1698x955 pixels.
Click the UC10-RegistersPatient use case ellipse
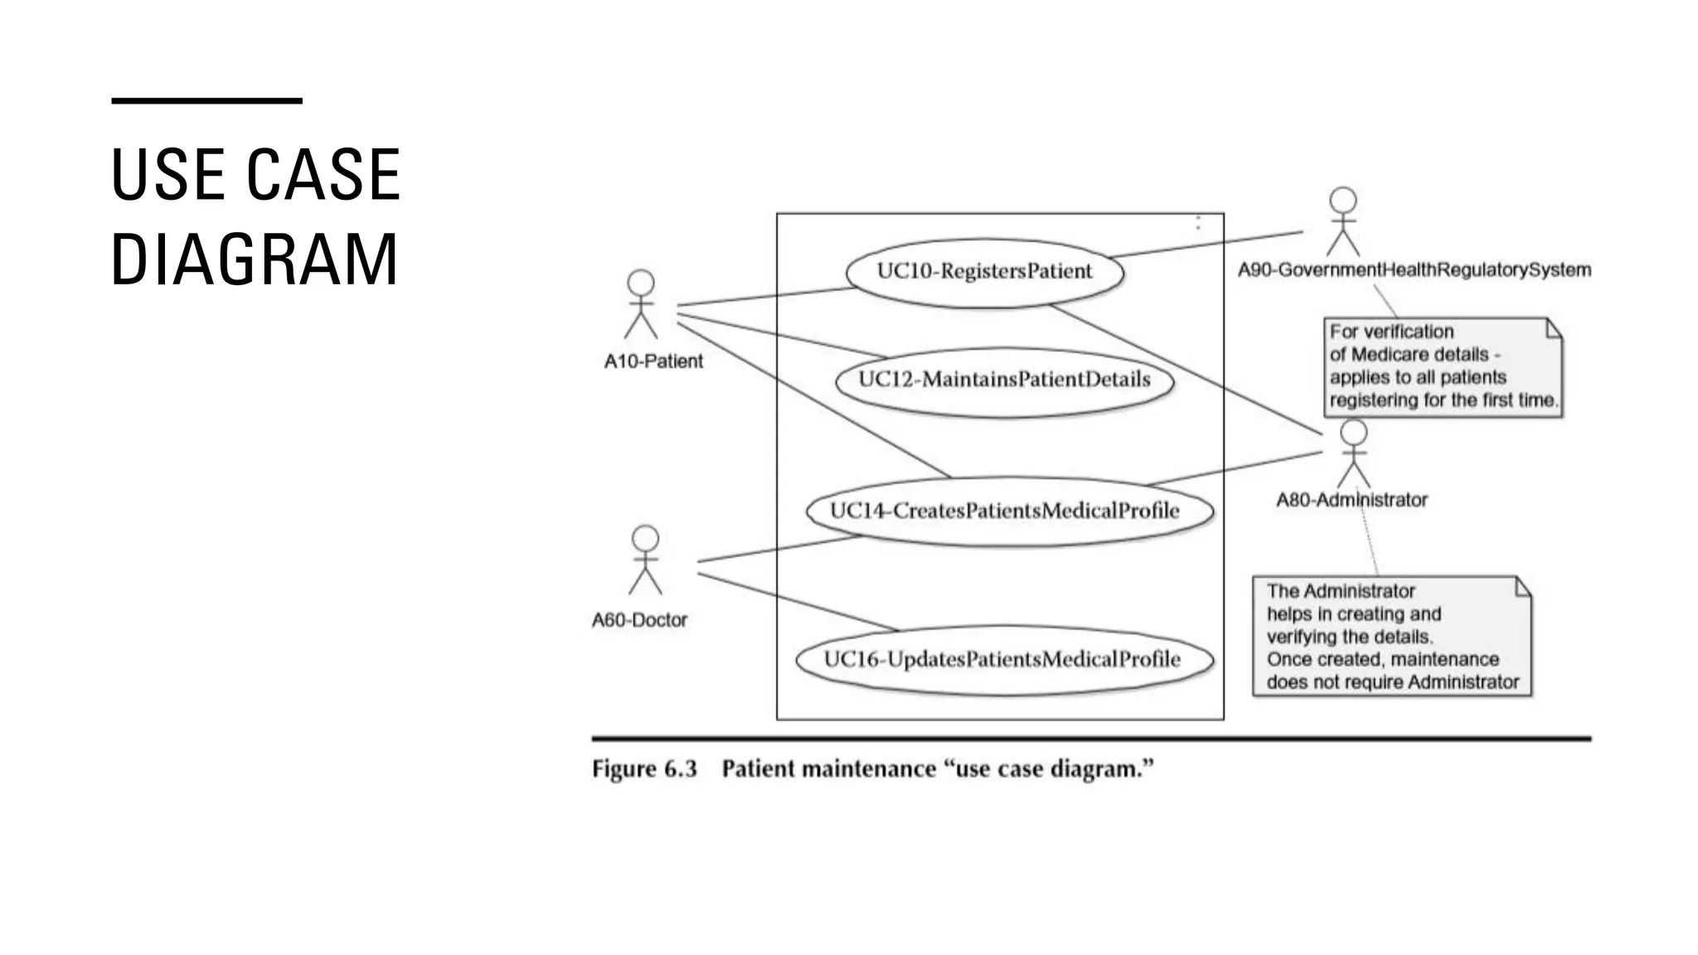pyautogui.click(x=984, y=272)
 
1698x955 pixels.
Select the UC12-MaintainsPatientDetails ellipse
pyautogui.click(x=1004, y=380)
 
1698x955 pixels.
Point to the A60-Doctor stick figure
pyautogui.click(x=645, y=560)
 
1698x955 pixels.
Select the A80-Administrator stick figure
pyautogui.click(x=1353, y=453)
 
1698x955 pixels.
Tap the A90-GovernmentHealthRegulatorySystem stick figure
pyautogui.click(x=1342, y=221)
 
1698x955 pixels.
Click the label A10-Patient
pyautogui.click(x=653, y=361)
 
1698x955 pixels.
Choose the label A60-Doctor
pyautogui.click(x=639, y=620)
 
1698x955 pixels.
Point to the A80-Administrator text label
pyautogui.click(x=1351, y=500)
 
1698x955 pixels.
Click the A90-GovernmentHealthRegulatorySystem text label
pyautogui.click(x=1414, y=270)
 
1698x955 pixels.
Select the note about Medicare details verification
pyautogui.click(x=1443, y=366)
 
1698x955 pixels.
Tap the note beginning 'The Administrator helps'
pyautogui.click(x=1391, y=637)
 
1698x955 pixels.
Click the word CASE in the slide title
pyautogui.click(x=323, y=175)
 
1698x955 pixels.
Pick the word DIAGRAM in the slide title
pyautogui.click(x=255, y=259)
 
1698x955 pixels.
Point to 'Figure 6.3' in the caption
pyautogui.click(x=644, y=769)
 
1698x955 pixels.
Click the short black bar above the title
pyautogui.click(x=206, y=101)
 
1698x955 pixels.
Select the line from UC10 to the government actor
pyautogui.click(x=1206, y=245)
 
